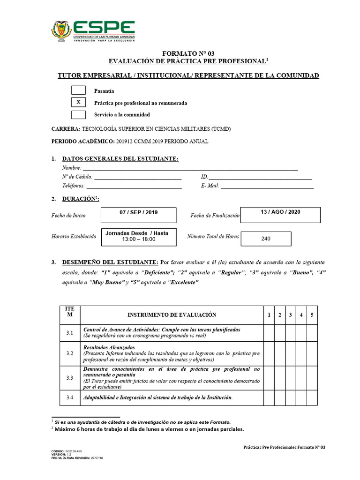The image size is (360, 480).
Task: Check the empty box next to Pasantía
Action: coord(78,90)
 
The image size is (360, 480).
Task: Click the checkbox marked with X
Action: coord(78,102)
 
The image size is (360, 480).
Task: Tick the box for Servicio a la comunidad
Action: coord(78,114)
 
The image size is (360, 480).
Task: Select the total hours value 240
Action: coord(266,239)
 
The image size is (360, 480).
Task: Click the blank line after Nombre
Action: coord(190,168)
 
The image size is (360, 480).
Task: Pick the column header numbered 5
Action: coord(312,315)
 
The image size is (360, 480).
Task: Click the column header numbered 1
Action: coord(269,315)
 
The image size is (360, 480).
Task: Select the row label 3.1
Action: coord(69,333)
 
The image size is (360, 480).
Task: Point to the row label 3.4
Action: coord(69,398)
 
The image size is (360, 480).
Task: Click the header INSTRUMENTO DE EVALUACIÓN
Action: coord(172,315)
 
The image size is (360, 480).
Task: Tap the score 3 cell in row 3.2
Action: coord(290,353)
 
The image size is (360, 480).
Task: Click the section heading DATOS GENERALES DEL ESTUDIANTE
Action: coord(120,159)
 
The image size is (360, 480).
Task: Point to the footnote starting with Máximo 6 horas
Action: coord(150,428)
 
